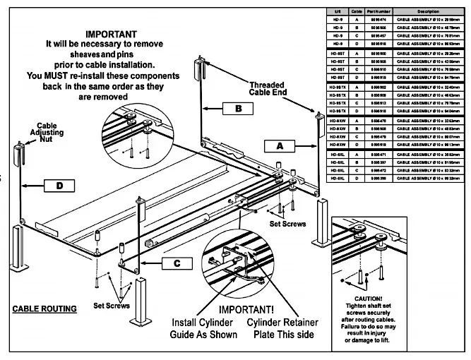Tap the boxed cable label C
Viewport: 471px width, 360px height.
click(x=177, y=263)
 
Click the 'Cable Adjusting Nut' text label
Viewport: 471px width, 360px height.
click(x=49, y=131)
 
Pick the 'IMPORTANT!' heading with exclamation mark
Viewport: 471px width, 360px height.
click(x=247, y=309)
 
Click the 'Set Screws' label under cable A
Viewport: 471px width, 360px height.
click(x=288, y=224)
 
